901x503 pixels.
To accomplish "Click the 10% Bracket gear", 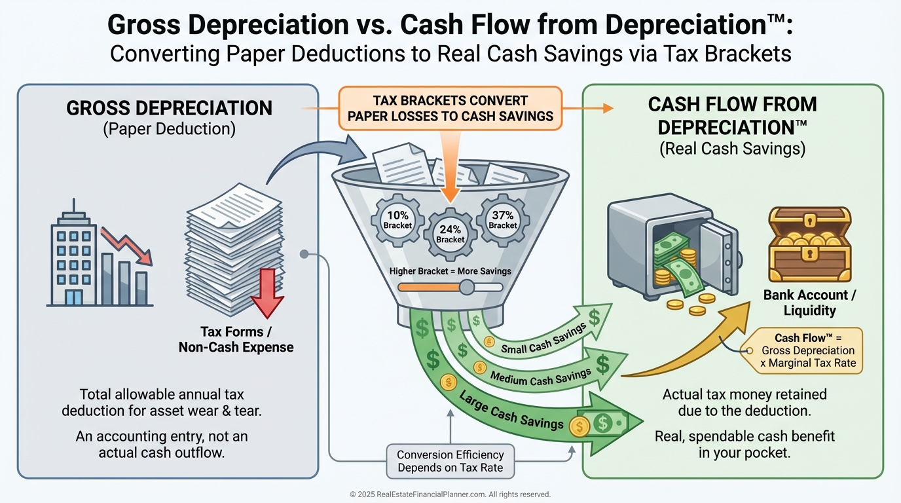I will pos(397,219).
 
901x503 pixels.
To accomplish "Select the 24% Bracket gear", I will pos(450,234).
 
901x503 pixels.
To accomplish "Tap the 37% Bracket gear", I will pos(503,219).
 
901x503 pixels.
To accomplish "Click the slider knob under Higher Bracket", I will pos(466,287).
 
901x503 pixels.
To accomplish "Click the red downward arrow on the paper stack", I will pos(267,292).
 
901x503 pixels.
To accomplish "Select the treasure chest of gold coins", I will pos(809,245).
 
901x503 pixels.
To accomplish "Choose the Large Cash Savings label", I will pos(511,411).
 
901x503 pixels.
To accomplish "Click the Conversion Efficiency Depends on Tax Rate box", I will pos(450,461).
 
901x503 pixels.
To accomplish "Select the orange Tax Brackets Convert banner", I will pos(450,109).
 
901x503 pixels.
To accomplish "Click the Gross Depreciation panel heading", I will pos(169,108).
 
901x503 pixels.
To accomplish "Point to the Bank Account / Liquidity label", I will pos(809,303).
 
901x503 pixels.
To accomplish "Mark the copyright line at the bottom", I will pos(450,494).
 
